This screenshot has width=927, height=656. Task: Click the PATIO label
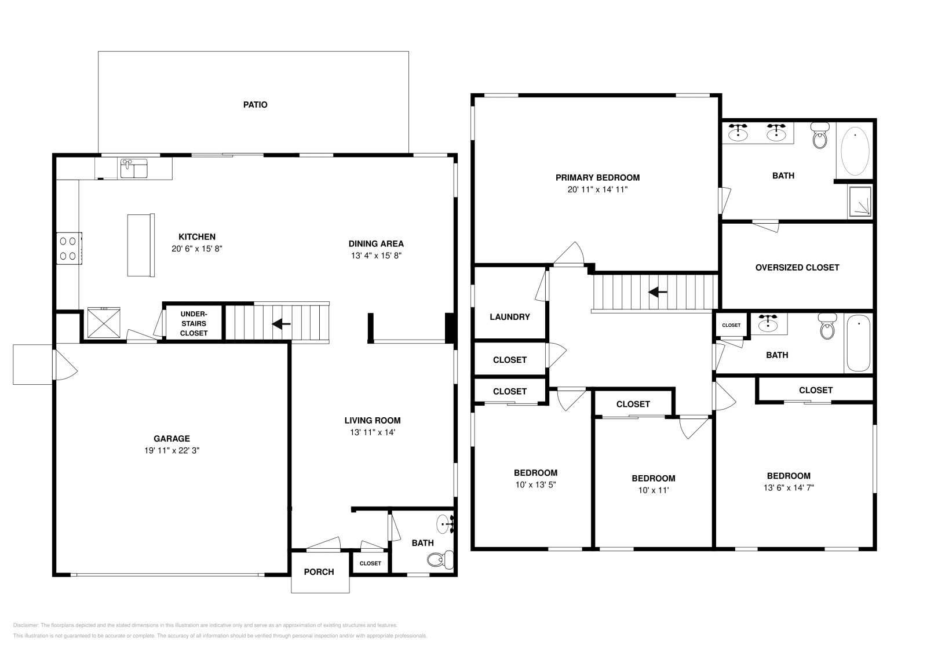255,105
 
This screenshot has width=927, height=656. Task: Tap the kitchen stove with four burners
69,248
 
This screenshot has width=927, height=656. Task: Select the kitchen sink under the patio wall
134,169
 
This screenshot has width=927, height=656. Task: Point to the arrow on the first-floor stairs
282,324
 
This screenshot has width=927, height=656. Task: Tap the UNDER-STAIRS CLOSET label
194,323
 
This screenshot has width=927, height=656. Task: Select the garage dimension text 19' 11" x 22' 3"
171,450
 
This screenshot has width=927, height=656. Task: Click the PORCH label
319,572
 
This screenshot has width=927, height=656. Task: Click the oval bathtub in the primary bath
855,152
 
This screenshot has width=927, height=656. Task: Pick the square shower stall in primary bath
860,202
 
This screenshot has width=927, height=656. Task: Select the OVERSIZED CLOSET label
797,268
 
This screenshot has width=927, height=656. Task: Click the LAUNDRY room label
509,317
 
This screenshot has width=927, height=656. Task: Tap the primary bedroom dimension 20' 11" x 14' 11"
597,189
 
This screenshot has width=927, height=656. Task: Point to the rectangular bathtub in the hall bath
858,343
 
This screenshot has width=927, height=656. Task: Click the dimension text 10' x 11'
653,490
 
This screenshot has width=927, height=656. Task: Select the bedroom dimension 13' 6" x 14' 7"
789,488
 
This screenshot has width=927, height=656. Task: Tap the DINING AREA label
376,244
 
